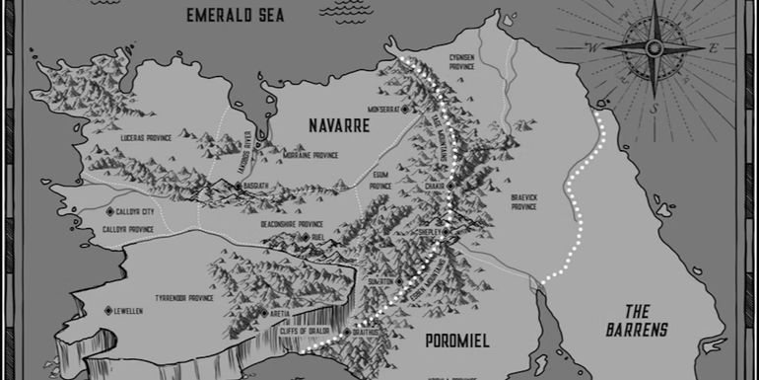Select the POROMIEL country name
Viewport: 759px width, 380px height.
(x=456, y=341)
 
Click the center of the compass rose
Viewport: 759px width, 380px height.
(x=654, y=46)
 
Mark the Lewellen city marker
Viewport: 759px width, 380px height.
(x=108, y=310)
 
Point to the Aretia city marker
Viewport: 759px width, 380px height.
(x=262, y=313)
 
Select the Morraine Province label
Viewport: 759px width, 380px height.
(x=311, y=155)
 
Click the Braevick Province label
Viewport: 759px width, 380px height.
(x=523, y=201)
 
